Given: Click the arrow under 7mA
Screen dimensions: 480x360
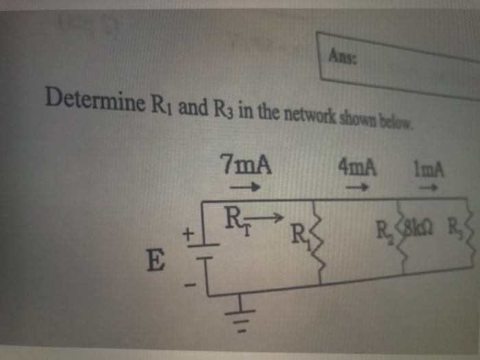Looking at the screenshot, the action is [245, 185].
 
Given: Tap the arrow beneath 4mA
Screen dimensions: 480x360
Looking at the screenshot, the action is [357, 185].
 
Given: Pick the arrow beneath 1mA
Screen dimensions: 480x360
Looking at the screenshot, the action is [429, 185].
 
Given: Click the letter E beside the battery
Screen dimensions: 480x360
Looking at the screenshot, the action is [157, 260].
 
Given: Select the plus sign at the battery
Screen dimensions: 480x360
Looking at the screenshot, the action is [186, 235].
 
